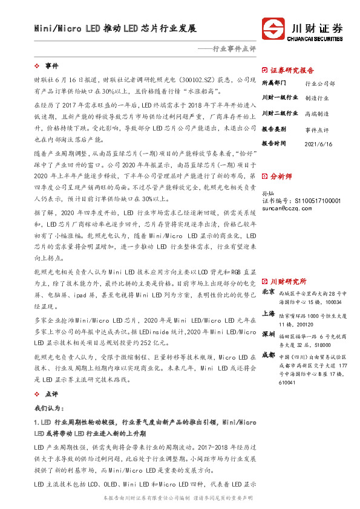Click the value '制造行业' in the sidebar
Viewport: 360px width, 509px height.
click(x=317, y=98)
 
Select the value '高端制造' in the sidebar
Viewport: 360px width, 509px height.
click(x=317, y=114)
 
